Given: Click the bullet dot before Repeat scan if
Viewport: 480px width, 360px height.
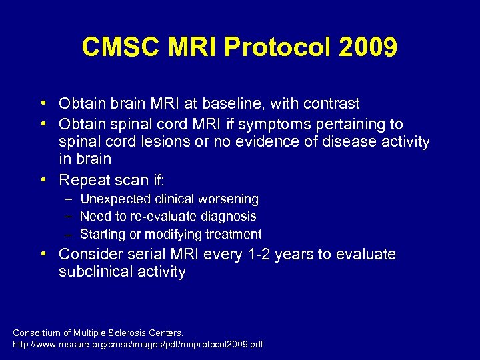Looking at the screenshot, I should (43, 180).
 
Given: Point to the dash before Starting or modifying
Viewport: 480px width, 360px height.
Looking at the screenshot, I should (69, 234).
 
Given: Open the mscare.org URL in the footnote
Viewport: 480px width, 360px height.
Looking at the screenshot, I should (138, 345).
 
